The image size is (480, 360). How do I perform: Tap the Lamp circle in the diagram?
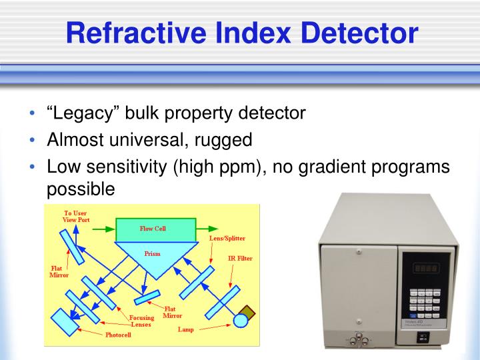point(240,321)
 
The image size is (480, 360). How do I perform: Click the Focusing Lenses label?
point(140,321)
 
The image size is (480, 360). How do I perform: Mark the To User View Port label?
point(75,216)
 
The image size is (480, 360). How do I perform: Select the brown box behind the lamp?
point(247,311)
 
